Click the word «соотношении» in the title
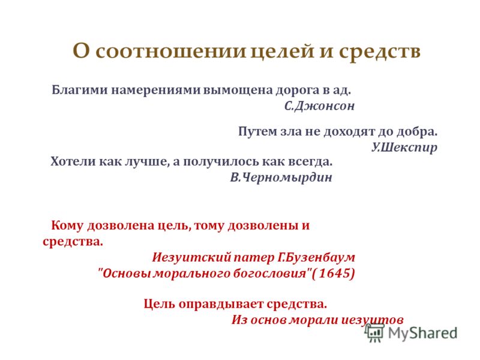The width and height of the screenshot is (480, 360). [x=171, y=51]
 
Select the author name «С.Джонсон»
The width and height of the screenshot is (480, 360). [x=319, y=106]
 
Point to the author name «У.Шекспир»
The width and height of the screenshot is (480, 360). [x=404, y=148]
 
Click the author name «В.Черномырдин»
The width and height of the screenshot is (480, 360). [x=281, y=177]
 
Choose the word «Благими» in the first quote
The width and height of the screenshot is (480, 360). [x=80, y=90]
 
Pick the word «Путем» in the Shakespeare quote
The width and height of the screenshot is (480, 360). [x=257, y=131]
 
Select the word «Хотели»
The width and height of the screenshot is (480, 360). [x=73, y=161]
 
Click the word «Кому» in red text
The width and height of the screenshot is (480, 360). [x=67, y=226]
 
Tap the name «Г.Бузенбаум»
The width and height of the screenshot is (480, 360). [x=316, y=257]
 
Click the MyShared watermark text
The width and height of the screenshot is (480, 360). [x=423, y=333]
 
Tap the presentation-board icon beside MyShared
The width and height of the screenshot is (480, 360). [x=374, y=332]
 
